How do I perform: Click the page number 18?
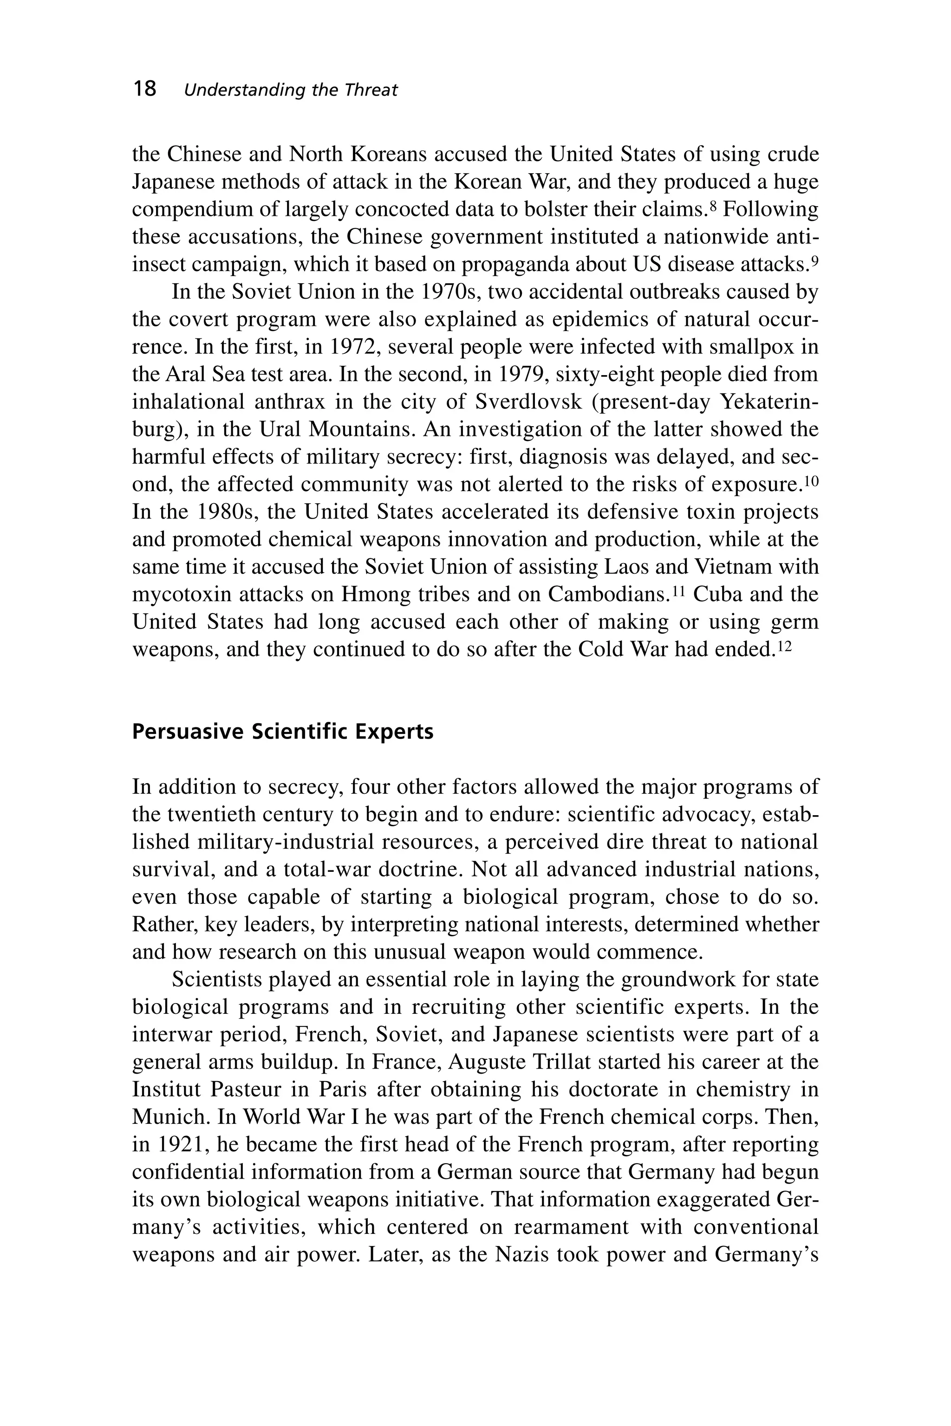click(145, 89)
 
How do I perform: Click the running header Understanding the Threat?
click(291, 91)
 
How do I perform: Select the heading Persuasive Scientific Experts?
click(283, 732)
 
